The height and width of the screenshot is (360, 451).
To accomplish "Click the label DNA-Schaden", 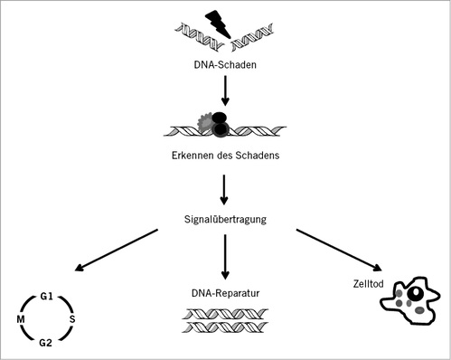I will point(224,64).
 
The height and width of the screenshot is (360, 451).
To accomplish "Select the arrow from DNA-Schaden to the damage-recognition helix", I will point(224,91).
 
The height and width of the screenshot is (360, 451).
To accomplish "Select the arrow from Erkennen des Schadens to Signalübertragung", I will point(224,188).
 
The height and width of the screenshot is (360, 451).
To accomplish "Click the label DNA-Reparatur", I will point(224,292).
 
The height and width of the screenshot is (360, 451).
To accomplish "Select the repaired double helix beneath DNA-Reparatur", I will point(224,323).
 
